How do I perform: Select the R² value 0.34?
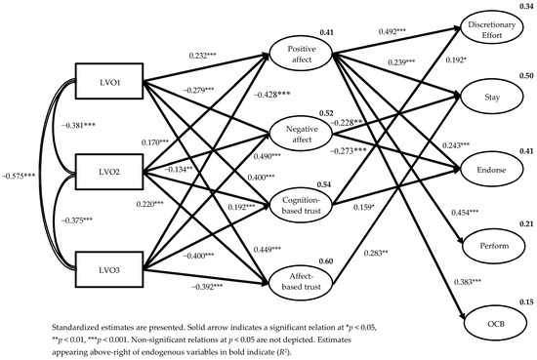pyautogui.click(x=526, y=6)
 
